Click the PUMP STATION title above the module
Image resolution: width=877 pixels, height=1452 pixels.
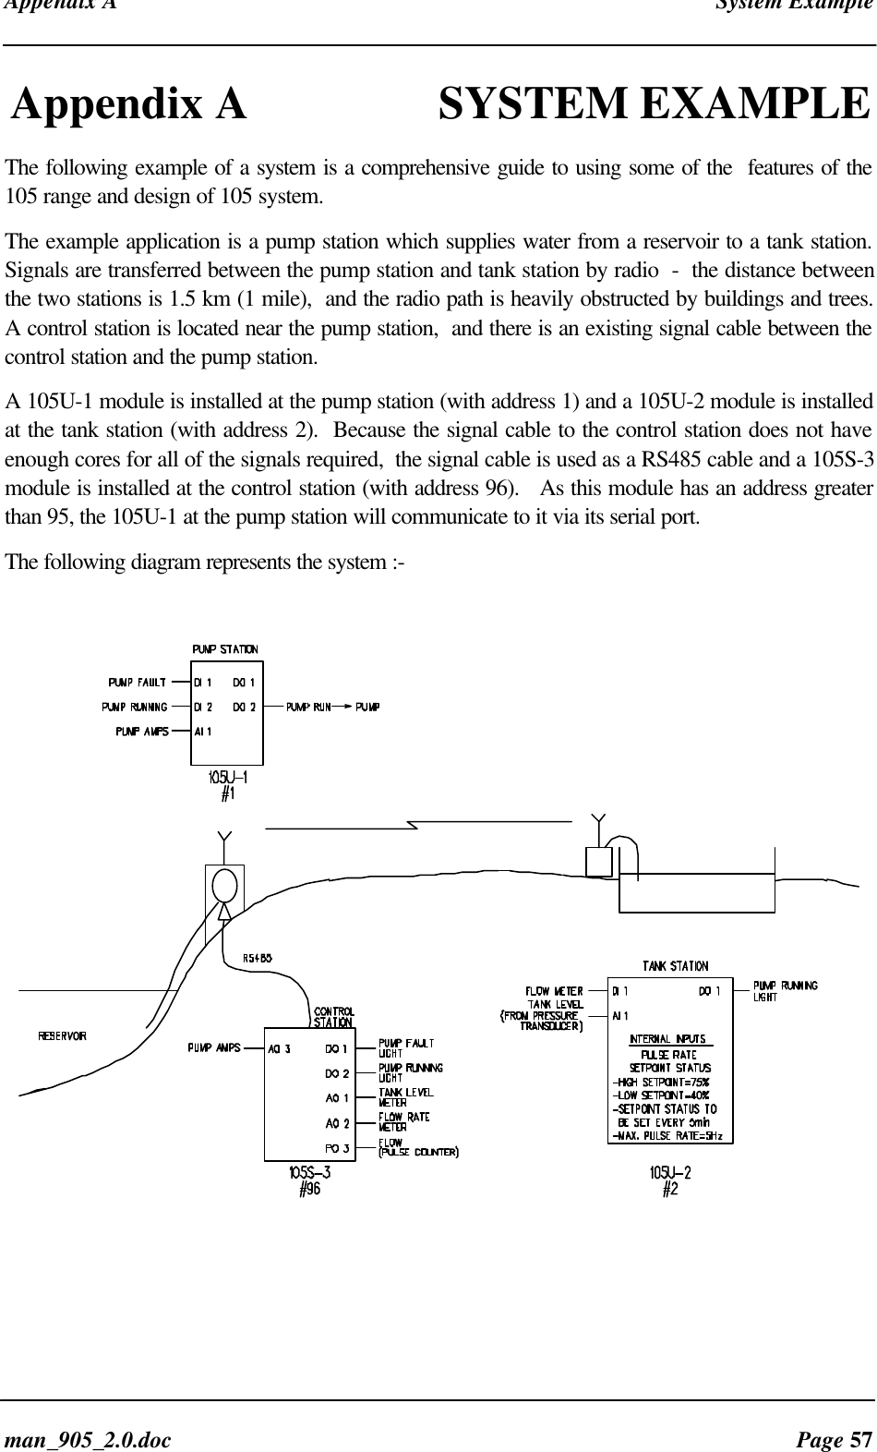(x=225, y=649)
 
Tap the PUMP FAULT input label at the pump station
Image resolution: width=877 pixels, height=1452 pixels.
(x=138, y=684)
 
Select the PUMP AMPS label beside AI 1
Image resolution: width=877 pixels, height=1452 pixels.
(x=141, y=732)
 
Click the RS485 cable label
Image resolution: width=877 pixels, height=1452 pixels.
(x=257, y=959)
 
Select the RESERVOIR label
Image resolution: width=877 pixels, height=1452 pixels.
(x=63, y=1035)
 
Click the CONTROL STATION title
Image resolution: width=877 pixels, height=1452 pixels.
(x=333, y=1016)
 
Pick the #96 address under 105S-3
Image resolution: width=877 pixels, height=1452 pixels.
(x=309, y=1190)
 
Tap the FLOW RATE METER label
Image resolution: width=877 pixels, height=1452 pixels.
(x=404, y=1120)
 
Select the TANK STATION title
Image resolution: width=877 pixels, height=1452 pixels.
(x=676, y=966)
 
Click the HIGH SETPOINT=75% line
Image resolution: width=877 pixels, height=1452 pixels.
(x=661, y=1083)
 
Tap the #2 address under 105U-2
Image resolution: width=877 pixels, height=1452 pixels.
(x=671, y=1190)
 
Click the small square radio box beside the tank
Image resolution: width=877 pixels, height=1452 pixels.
(x=599, y=861)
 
